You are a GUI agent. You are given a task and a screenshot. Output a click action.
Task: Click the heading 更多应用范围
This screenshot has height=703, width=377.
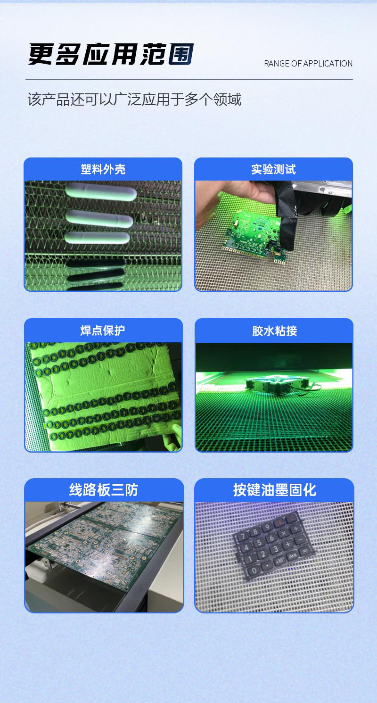pyautogui.click(x=111, y=55)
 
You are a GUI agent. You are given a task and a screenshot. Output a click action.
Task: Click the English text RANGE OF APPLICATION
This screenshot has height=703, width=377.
pyautogui.click(x=308, y=64)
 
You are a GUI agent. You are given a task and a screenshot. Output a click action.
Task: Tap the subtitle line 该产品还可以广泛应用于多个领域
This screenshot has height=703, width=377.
pyautogui.click(x=134, y=100)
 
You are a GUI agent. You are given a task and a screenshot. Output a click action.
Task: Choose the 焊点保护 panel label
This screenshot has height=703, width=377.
pyautogui.click(x=103, y=331)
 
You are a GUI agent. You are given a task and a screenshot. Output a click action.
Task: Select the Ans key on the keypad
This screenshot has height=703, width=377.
pyautogui.click(x=292, y=556)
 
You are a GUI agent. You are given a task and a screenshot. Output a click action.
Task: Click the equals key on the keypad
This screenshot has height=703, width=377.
pyautogui.click(x=304, y=550)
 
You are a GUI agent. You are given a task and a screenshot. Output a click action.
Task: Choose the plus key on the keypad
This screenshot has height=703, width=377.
pyautogui.click(x=288, y=545)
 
